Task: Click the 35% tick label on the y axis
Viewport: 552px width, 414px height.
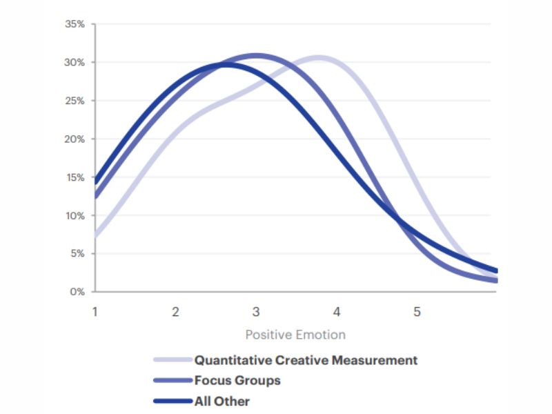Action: click(x=75, y=24)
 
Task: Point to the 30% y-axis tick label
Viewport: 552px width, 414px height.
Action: click(x=75, y=62)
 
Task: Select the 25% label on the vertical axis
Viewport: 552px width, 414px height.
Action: click(x=75, y=101)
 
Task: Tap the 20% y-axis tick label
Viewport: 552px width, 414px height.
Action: click(x=75, y=139)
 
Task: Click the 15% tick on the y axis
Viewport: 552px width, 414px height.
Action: click(x=75, y=177)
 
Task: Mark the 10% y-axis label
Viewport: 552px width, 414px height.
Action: click(x=75, y=215)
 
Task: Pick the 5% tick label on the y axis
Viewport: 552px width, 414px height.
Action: click(x=77, y=253)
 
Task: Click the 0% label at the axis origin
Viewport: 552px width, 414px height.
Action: click(x=77, y=292)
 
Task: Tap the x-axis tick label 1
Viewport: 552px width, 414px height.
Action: click(x=95, y=312)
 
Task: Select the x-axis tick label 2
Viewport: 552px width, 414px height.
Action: click(x=175, y=312)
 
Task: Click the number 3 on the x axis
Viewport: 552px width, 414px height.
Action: click(x=256, y=312)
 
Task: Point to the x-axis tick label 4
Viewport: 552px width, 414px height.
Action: click(x=337, y=312)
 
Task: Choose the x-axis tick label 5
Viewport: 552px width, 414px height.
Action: click(x=417, y=312)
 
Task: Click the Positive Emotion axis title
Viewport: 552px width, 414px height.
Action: click(x=295, y=335)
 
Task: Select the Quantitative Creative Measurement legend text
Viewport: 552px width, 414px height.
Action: click(x=306, y=360)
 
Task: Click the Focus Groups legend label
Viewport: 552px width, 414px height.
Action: click(x=237, y=380)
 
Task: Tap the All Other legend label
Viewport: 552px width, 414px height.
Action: click(x=221, y=401)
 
